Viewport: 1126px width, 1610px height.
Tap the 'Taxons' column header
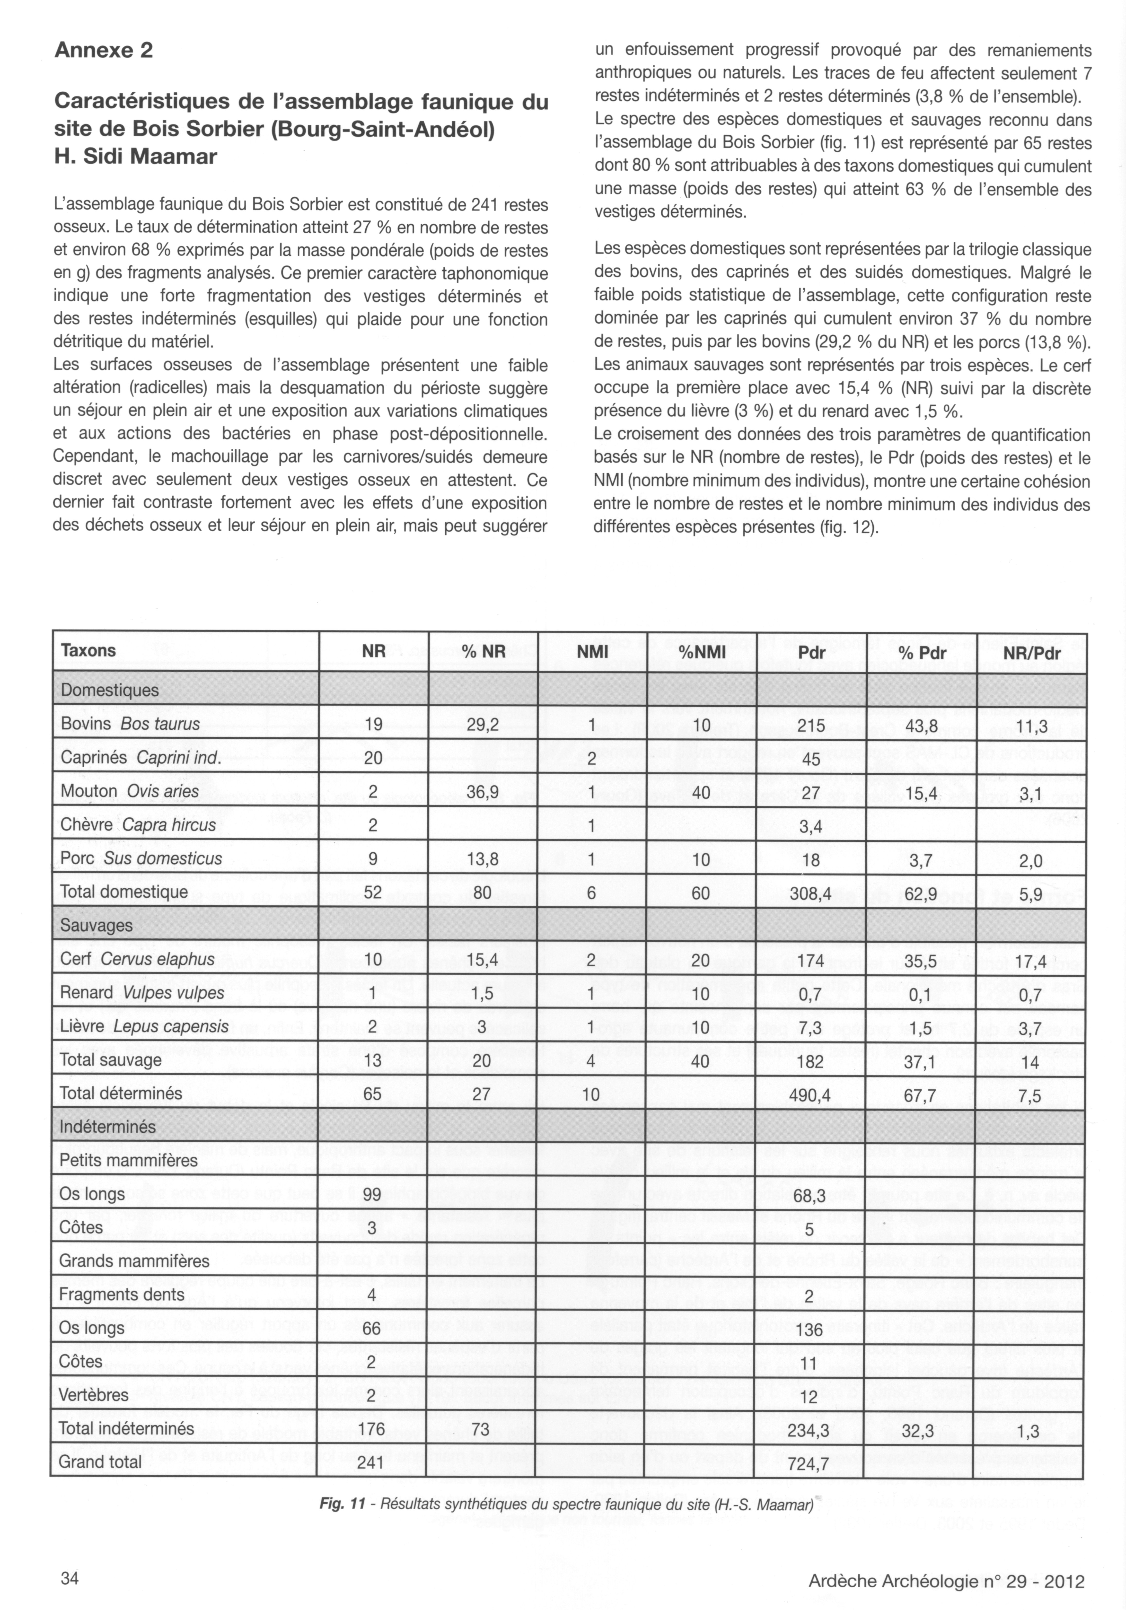88,650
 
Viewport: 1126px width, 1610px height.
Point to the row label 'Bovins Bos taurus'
130,724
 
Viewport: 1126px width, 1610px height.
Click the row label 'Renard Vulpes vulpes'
142,992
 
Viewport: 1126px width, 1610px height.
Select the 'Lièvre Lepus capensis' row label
144,1026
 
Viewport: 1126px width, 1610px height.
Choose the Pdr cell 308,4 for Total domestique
810,892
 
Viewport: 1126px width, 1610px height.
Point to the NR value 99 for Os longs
372,1193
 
